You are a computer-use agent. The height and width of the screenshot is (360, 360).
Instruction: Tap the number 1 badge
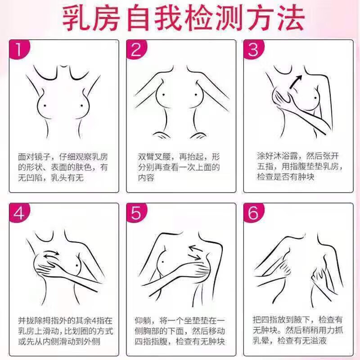click(x=18, y=50)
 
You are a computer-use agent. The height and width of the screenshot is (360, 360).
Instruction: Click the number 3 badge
click(x=253, y=50)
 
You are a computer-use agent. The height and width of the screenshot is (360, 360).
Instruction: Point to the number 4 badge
click(x=19, y=213)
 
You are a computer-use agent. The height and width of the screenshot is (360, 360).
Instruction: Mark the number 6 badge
click(x=253, y=213)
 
